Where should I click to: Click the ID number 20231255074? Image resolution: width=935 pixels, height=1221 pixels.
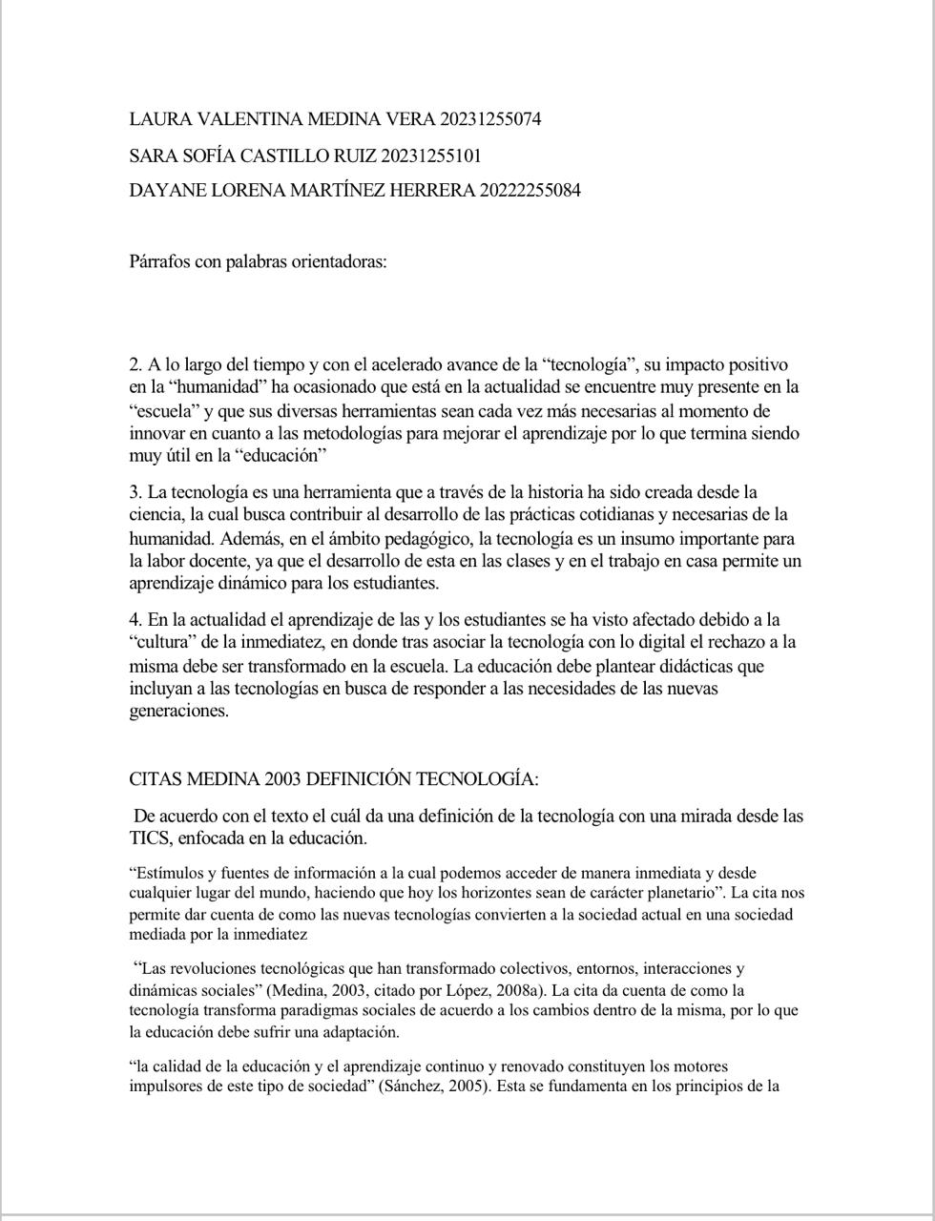tap(490, 119)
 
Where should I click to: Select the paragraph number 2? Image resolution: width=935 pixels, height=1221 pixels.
tap(135, 364)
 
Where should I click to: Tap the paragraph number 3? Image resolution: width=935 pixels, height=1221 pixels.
tap(135, 492)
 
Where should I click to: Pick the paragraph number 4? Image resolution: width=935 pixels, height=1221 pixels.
tap(135, 620)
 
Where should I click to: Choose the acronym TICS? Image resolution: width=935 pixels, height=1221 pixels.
tap(150, 838)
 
